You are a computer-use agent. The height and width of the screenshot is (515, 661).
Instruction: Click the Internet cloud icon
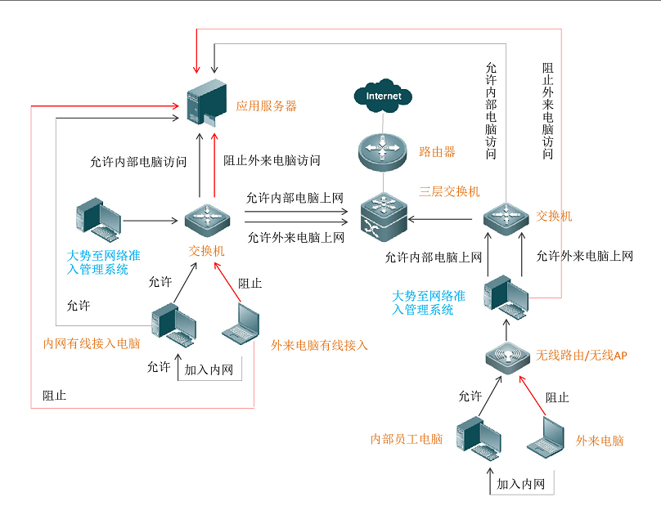(x=384, y=96)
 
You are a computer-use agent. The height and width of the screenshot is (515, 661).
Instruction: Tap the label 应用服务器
(x=266, y=106)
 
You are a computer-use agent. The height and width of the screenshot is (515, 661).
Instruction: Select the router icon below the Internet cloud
(x=382, y=150)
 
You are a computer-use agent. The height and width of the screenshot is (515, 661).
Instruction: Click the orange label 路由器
(x=437, y=152)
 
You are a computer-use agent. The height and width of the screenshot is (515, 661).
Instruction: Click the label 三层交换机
(x=449, y=191)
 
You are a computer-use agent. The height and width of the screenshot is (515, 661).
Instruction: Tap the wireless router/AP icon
(x=507, y=358)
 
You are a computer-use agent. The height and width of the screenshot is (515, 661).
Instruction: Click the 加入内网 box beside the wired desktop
(x=209, y=370)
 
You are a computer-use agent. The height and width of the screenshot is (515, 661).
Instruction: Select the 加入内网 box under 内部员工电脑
(x=521, y=484)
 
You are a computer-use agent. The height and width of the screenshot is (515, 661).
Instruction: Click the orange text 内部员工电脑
(x=407, y=440)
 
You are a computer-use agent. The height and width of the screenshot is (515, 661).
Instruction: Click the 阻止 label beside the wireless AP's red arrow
(x=557, y=397)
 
